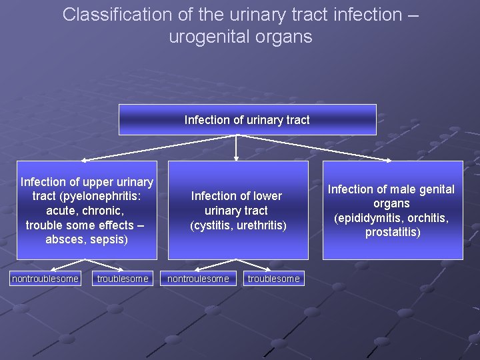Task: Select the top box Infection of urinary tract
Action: click(x=247, y=120)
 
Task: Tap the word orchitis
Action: click(x=427, y=218)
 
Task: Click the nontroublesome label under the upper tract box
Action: click(x=45, y=279)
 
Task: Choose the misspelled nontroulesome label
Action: click(x=198, y=279)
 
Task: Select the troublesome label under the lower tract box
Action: click(x=274, y=279)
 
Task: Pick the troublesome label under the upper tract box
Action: click(x=123, y=279)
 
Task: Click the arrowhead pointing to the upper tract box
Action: click(x=85, y=161)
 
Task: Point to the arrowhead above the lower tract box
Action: click(x=237, y=158)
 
